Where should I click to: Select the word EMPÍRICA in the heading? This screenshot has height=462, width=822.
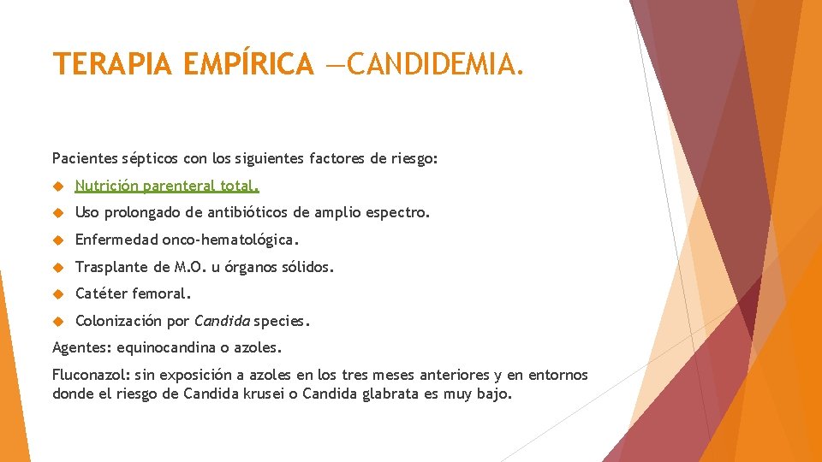tap(248, 64)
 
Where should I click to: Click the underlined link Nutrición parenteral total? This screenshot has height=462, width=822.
tap(167, 186)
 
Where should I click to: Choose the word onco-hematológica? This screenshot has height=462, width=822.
tap(230, 240)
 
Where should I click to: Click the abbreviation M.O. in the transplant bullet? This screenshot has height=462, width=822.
tap(191, 267)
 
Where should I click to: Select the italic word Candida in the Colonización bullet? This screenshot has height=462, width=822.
tap(222, 322)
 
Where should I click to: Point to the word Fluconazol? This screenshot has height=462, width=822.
tap(90, 376)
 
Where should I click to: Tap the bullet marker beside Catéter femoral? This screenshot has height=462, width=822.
tap(58, 293)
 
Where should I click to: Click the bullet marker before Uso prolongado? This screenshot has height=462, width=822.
tap(58, 212)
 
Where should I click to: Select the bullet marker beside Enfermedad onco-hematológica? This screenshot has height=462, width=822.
tap(58, 240)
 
